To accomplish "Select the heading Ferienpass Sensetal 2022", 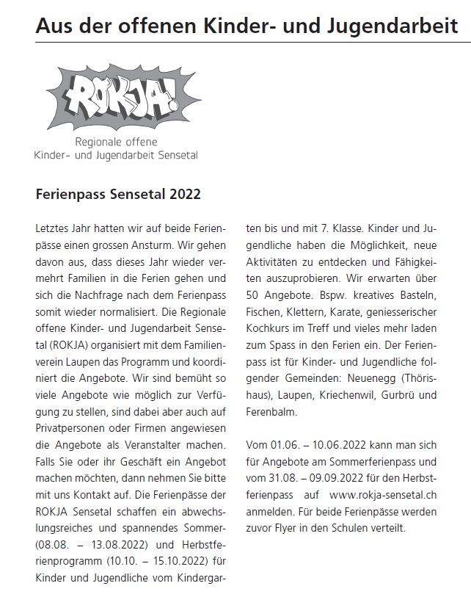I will pos(118,196).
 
